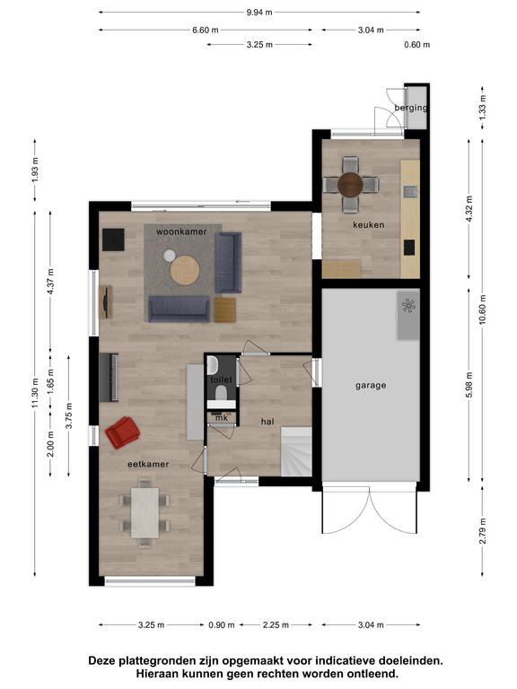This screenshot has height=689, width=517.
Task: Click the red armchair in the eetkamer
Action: coord(123,432)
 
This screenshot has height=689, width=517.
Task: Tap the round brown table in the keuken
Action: coord(350,185)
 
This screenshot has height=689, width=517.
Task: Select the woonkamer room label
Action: coord(181,231)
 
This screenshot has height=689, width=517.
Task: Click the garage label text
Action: coord(371,386)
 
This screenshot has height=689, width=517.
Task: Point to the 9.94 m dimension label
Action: coord(259,13)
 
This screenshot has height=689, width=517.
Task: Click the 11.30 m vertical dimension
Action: coord(36,393)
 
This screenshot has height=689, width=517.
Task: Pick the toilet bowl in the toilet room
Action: coord(221,392)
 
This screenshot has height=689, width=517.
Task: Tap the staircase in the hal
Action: coord(296,452)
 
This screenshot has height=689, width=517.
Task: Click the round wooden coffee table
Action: coord(185,270)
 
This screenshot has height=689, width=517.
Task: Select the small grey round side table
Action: coord(170,256)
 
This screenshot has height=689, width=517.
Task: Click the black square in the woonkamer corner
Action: coord(113,240)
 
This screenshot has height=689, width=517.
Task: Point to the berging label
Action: coord(410,108)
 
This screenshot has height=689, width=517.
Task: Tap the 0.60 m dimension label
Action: coord(417,44)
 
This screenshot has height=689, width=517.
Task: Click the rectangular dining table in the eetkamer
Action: coord(145,513)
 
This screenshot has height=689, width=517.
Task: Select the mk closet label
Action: coord(222,418)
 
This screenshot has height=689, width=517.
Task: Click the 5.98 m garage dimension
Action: coord(469,385)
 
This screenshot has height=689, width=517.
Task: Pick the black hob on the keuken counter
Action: coord(409,248)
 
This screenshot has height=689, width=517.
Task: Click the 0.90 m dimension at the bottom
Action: coord(222,624)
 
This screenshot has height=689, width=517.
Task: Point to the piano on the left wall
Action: coord(109,378)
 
